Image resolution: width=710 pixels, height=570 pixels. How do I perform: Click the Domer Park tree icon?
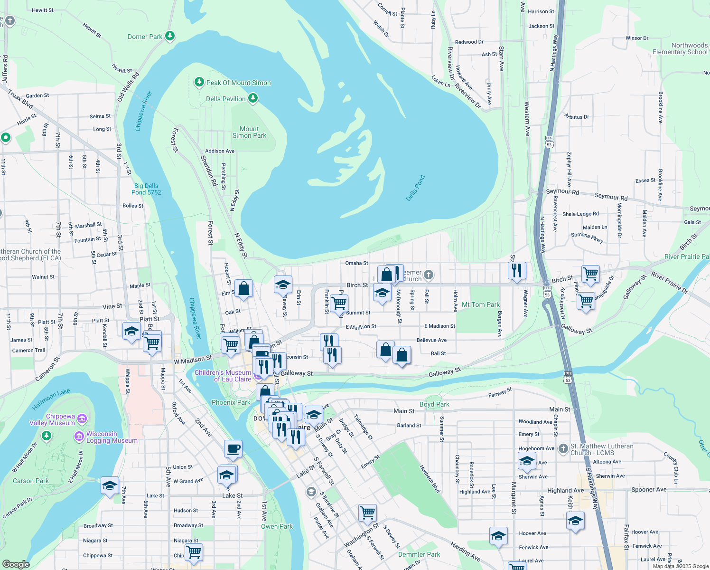click(x=169, y=36)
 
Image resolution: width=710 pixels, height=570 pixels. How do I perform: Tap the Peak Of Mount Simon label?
click(x=238, y=83)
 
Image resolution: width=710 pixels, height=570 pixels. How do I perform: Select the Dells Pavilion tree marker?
click(x=253, y=98)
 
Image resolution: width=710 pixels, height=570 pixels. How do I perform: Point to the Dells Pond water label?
click(x=415, y=188)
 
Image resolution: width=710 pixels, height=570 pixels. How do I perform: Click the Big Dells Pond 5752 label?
click(x=146, y=189)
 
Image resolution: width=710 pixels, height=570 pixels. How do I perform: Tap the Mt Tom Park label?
click(x=480, y=304)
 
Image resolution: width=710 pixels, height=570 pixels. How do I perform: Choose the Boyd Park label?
click(x=434, y=404)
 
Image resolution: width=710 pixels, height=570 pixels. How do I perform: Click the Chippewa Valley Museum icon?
click(x=82, y=418)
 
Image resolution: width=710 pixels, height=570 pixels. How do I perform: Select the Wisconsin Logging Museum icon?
click(x=79, y=436)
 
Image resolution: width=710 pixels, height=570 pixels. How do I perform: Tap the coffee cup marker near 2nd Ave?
click(x=233, y=448)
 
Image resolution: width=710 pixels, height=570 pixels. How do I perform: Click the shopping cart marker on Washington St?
click(x=367, y=513)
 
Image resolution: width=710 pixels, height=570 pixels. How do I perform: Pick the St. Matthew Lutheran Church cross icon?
click(x=563, y=448)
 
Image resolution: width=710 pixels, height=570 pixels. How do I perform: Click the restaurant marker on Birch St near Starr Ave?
click(x=516, y=270)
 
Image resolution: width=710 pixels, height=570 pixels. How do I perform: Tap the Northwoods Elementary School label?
click(x=680, y=48)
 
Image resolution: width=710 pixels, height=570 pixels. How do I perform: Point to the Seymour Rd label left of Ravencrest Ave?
click(x=562, y=191)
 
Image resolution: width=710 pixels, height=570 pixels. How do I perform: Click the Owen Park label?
click(x=277, y=526)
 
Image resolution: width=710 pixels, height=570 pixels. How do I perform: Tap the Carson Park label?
click(x=30, y=481)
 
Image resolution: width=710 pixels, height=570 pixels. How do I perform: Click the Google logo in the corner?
click(x=16, y=564)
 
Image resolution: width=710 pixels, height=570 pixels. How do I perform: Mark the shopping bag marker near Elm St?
click(x=243, y=288)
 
